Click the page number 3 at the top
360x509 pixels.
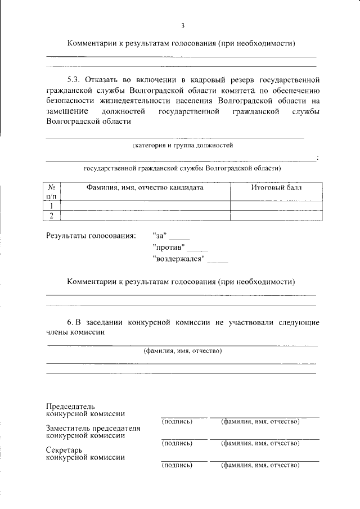(183, 25)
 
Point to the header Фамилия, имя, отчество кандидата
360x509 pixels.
(145, 187)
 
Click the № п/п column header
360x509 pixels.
(51, 191)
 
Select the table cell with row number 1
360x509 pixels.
(51, 205)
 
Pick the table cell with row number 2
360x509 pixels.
(51, 215)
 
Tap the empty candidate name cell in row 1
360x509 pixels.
(145, 205)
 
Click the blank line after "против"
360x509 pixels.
(197, 249)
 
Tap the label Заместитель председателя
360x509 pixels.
(93, 428)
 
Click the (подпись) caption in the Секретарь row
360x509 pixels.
(177, 465)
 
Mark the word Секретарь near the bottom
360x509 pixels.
(64, 450)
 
